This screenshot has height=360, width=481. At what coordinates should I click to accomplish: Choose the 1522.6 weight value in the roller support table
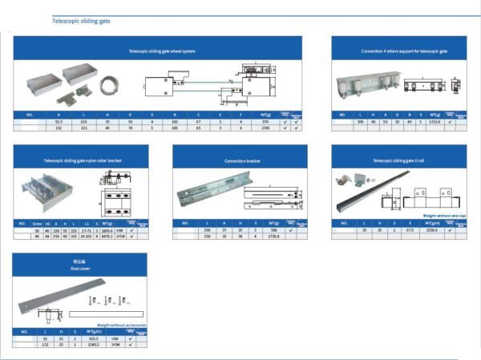click(436, 121)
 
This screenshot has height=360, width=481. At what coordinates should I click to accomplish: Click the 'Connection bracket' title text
click(240, 160)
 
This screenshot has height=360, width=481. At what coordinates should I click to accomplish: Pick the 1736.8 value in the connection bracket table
click(273, 236)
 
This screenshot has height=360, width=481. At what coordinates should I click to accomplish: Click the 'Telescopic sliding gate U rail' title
click(399, 160)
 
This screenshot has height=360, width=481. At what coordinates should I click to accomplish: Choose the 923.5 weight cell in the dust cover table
click(99, 338)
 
